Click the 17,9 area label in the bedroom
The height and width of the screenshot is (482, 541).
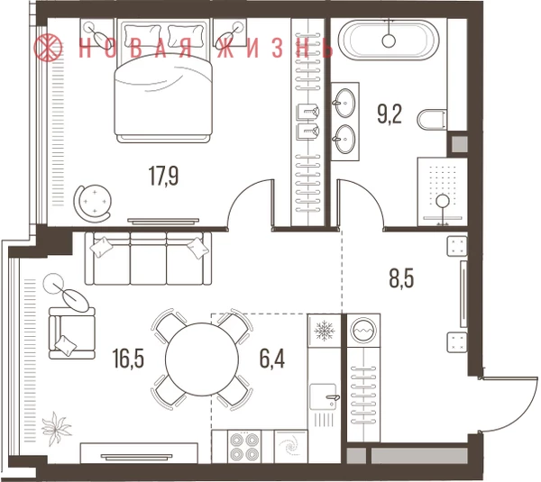[x=163, y=176]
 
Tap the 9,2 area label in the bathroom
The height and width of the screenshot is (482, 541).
[x=390, y=114]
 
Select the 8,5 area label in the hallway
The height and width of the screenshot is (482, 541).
[x=401, y=279]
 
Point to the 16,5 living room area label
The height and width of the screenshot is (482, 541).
[x=128, y=359]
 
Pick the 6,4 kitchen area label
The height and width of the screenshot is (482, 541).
[x=272, y=359]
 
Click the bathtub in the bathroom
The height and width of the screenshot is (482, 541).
[x=389, y=41]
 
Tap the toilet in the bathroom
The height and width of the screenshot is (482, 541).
[x=432, y=119]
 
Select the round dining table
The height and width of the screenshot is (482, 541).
[x=202, y=359]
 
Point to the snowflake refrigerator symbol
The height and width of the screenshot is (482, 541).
[x=325, y=331]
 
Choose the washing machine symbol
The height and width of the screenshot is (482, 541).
[x=363, y=330]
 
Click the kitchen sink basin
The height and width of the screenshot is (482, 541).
[x=324, y=396]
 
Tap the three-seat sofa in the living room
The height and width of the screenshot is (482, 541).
[x=149, y=259]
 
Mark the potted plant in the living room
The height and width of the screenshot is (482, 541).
[x=56, y=429]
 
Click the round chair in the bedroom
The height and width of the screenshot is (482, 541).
[x=93, y=204]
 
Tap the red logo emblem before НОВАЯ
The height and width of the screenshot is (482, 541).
[x=49, y=48]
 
